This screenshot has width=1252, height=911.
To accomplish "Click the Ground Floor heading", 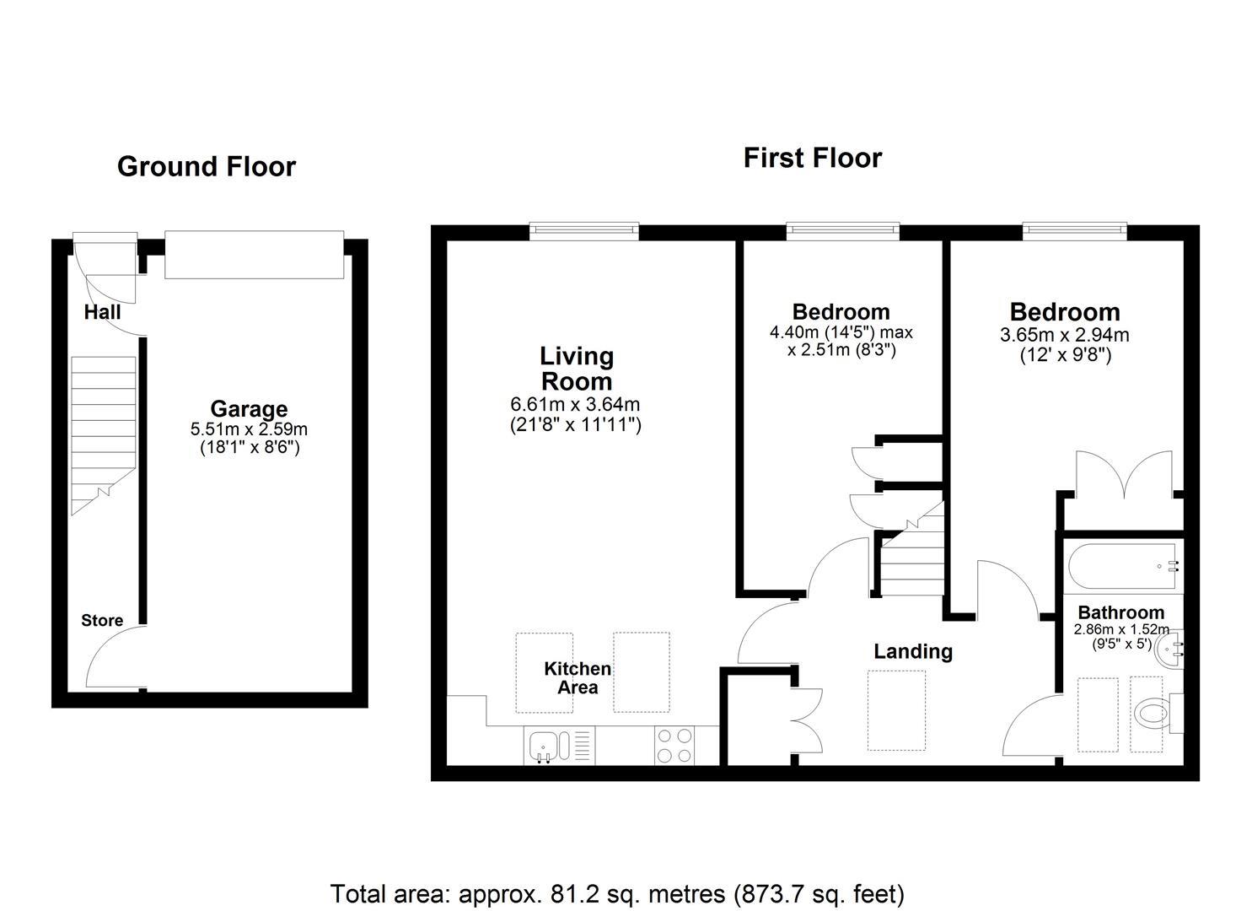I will [x=207, y=167].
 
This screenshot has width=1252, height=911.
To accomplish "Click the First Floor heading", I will [x=812, y=158].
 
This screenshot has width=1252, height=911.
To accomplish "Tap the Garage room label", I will [x=249, y=409].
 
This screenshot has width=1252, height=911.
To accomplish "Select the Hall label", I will [x=102, y=312].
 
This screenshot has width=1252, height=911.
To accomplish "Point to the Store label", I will [x=102, y=621].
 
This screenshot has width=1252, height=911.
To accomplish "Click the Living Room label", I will [x=577, y=368].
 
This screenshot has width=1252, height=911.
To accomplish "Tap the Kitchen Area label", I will [x=578, y=678].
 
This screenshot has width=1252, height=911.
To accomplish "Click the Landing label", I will [x=913, y=651].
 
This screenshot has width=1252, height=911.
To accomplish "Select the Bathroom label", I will [x=1120, y=613].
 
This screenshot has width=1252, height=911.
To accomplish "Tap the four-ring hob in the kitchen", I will [x=674, y=746].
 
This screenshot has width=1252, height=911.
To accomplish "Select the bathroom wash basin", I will [x=1170, y=649].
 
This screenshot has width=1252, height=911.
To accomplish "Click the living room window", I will [x=583, y=231].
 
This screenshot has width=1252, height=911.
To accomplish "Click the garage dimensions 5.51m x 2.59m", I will [x=249, y=429].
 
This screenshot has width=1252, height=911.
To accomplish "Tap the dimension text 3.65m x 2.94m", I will [x=1064, y=335].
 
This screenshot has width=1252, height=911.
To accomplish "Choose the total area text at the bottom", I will [x=617, y=893].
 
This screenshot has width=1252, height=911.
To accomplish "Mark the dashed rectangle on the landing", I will [x=896, y=710].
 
